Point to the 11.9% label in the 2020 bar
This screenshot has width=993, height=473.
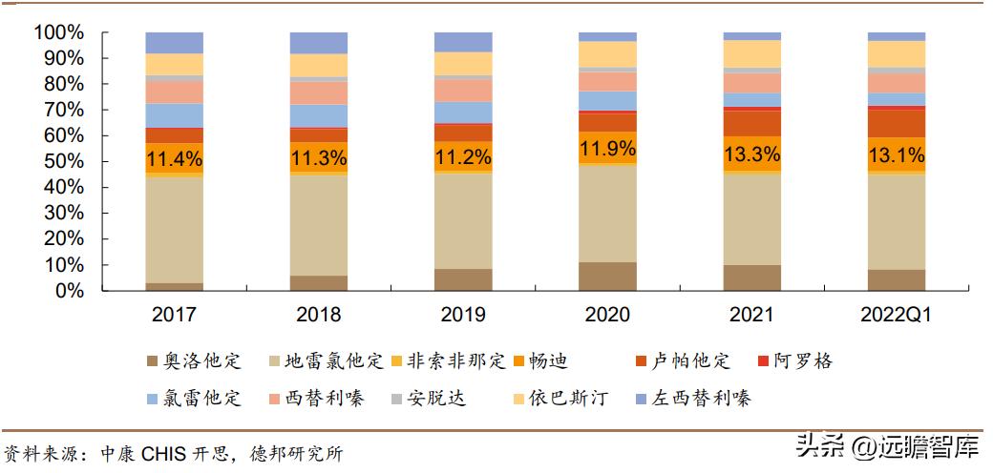click(607, 148)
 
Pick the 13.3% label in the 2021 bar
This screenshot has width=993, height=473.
click(751, 154)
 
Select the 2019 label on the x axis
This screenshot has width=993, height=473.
click(463, 315)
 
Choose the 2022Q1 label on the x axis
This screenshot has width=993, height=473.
click(896, 315)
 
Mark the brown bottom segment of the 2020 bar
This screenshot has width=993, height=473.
click(607, 277)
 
